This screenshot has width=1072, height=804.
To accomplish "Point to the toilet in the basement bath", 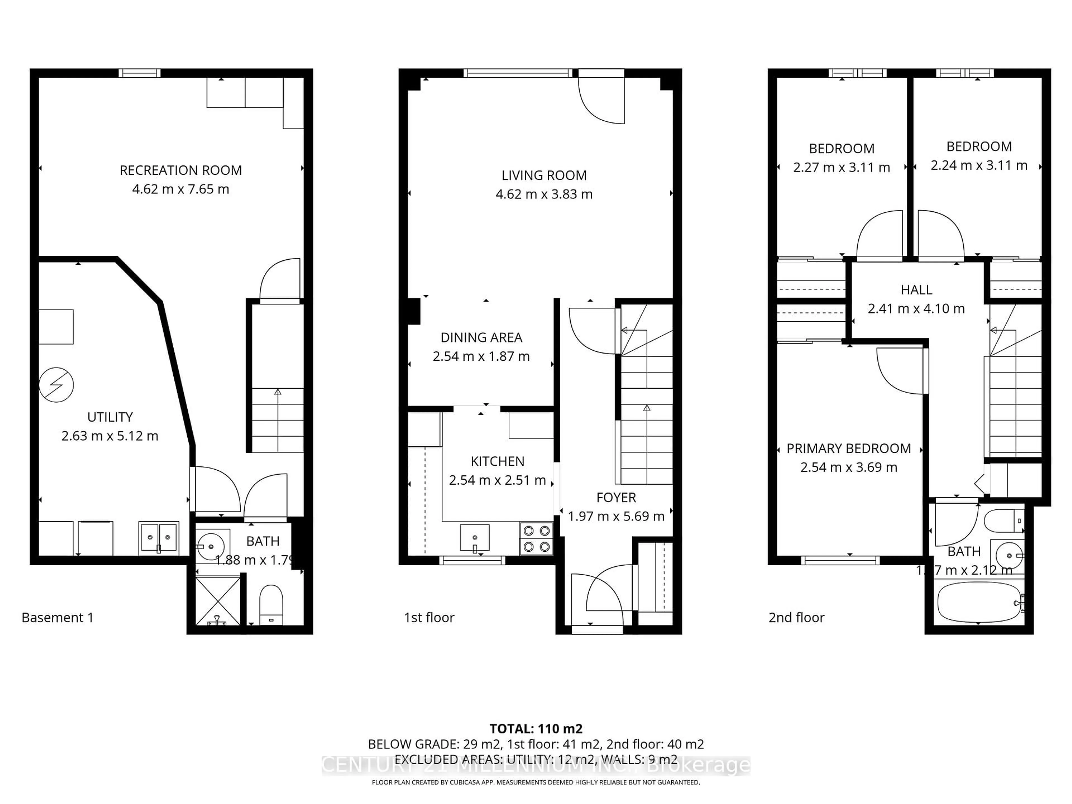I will click(271, 605).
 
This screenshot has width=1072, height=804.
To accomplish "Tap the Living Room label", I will click(544, 175).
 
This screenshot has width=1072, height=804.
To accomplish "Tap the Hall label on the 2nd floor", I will click(916, 290).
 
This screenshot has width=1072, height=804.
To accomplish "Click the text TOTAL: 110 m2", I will click(536, 729).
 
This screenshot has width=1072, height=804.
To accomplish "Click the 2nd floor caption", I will click(796, 618).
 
